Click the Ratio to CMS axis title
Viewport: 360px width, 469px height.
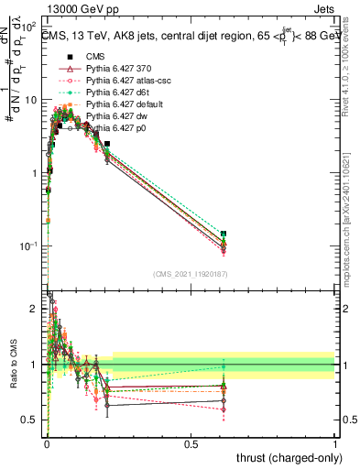12,364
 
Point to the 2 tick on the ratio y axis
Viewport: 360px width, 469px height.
37,309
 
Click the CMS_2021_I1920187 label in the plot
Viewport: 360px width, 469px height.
191,274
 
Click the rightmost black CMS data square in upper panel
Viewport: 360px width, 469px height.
224,234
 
